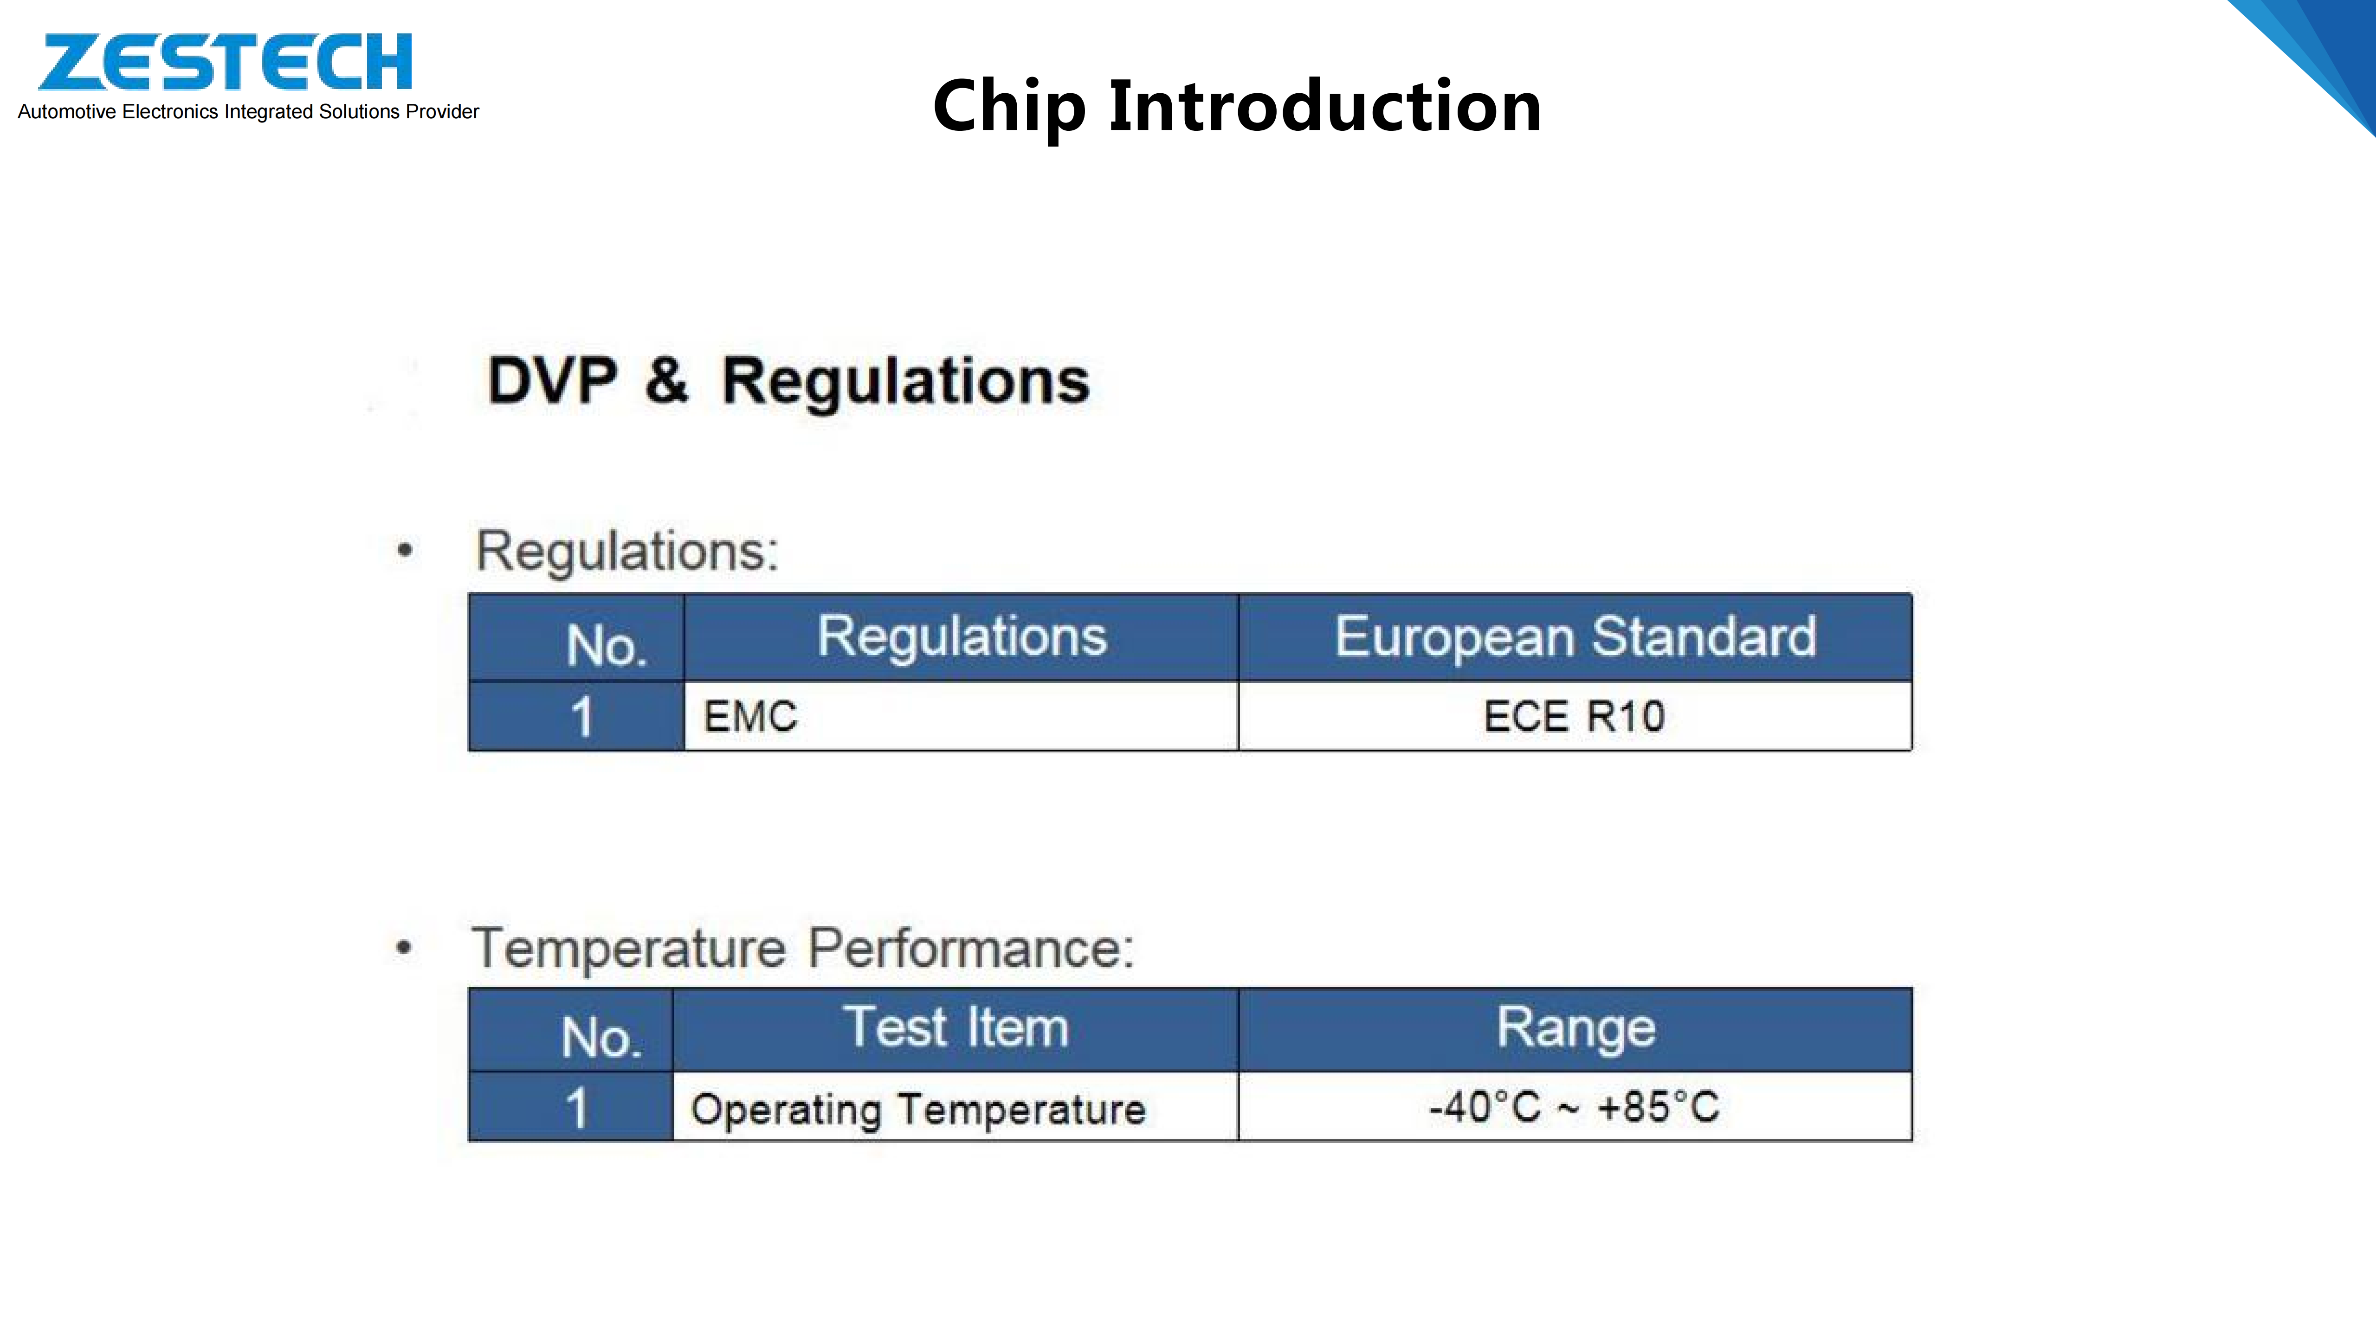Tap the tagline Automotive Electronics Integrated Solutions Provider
click(248, 111)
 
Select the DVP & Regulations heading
click(788, 381)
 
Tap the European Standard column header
click(1575, 637)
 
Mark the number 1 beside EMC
click(581, 716)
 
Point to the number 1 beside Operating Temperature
click(576, 1107)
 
